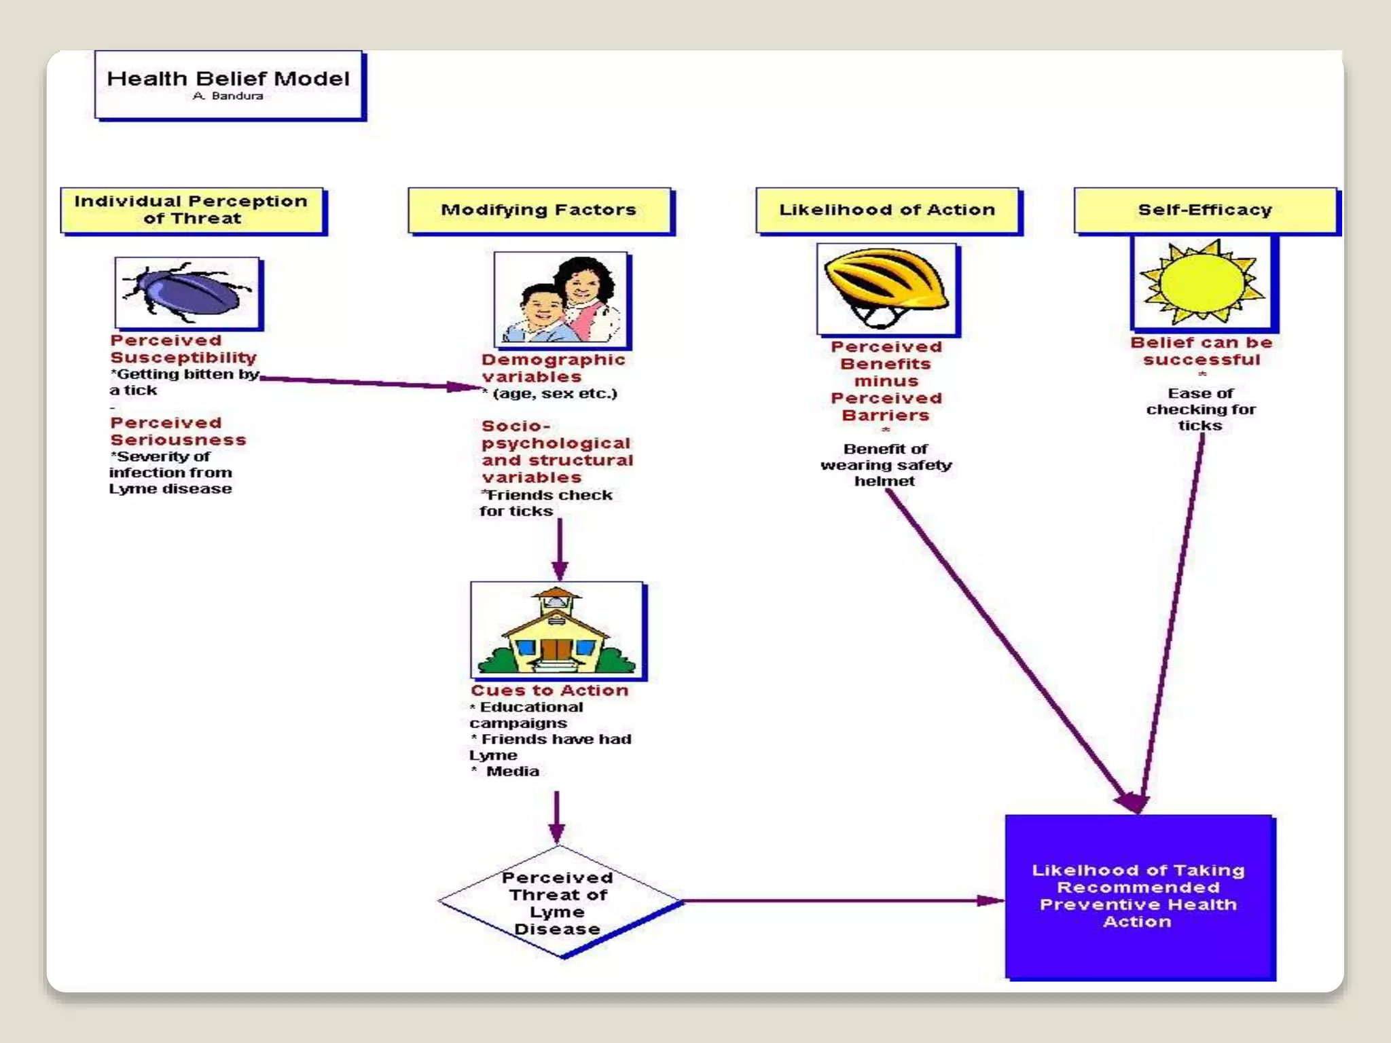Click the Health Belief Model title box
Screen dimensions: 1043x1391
pos(228,84)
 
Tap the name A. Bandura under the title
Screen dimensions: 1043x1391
pos(228,96)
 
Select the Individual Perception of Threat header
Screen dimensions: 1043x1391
pos(192,210)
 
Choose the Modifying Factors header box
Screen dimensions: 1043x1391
pos(539,210)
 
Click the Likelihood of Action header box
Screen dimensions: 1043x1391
pos(887,210)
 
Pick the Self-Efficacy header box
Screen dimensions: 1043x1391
pos(1205,210)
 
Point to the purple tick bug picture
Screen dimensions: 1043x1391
pos(187,293)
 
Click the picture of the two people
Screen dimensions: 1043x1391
pos(561,299)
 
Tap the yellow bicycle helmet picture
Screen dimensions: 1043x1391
pos(887,289)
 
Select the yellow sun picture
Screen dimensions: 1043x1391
pos(1202,282)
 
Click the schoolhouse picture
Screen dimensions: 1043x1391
pos(557,629)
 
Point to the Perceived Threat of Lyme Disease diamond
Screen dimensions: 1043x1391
pos(558,902)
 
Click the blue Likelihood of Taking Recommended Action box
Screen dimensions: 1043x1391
pos(1139,896)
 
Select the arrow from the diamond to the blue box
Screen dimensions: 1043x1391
pos(842,901)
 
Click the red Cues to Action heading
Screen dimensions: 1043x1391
pos(549,691)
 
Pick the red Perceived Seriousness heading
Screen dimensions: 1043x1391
pos(178,431)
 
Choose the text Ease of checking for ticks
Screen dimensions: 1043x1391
pos(1201,409)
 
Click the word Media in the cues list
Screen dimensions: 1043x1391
pos(513,771)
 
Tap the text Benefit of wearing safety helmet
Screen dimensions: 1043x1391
pos(886,465)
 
